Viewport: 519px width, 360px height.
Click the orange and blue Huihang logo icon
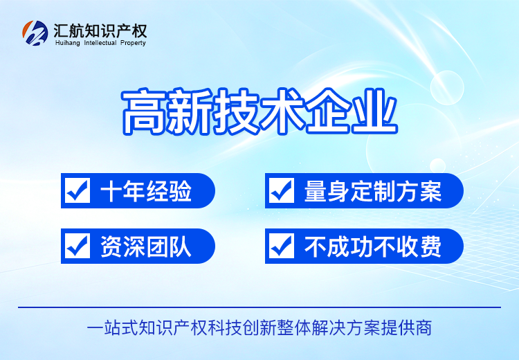(x=35, y=33)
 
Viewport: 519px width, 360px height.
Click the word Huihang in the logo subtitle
(x=68, y=43)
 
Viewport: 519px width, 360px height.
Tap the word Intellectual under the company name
(x=100, y=43)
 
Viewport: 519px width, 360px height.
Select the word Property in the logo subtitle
(x=133, y=43)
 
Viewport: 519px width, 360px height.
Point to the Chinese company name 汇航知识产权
(x=100, y=30)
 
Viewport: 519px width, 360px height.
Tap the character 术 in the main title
(x=282, y=111)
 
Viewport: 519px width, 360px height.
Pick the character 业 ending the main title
(x=374, y=111)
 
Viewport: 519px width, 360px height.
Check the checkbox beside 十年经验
(x=78, y=190)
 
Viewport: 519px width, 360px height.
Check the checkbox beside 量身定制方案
(x=282, y=190)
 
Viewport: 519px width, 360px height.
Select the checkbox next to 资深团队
(x=78, y=246)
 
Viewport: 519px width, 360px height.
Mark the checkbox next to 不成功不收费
(x=282, y=246)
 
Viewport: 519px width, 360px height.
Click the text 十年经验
(x=146, y=191)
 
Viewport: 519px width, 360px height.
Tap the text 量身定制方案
(x=373, y=191)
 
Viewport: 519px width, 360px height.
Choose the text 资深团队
(x=146, y=246)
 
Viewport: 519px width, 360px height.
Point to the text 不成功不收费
(x=373, y=246)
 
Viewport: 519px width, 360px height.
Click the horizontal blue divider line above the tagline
(x=259, y=307)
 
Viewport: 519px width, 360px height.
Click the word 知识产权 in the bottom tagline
(x=173, y=328)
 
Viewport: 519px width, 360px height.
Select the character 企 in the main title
(x=328, y=111)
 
